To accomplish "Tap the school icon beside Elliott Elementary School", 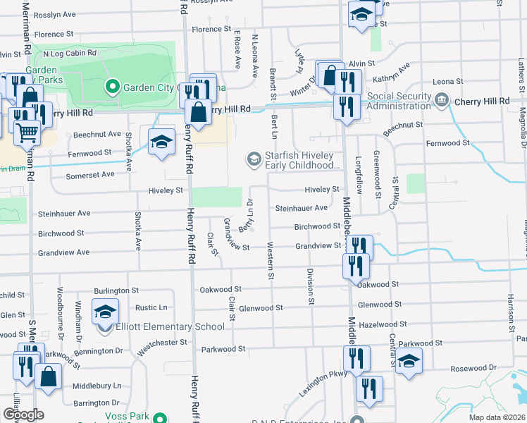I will point(106,311).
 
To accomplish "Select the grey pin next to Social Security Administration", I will point(442,100).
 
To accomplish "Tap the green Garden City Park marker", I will point(111,87).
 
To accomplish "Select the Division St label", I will point(310,286).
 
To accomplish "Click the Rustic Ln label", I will point(151,307).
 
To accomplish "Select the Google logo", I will point(23,415).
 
